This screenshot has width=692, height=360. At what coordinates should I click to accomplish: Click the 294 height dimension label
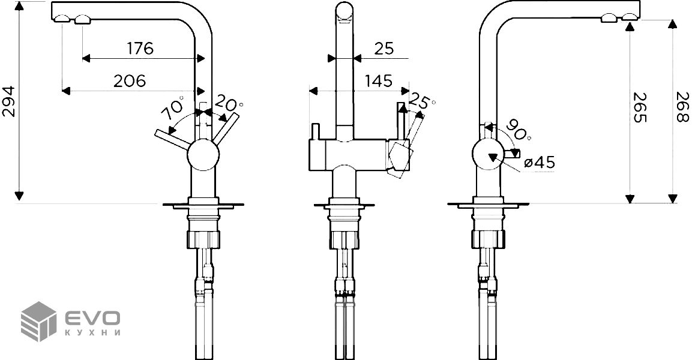(x=9, y=101)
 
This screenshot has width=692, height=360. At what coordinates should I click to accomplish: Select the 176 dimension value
(x=140, y=48)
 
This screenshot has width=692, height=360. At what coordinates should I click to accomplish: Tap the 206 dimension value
(x=129, y=81)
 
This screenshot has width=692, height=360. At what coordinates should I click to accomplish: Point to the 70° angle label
(x=173, y=109)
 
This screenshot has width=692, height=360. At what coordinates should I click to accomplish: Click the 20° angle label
(x=228, y=104)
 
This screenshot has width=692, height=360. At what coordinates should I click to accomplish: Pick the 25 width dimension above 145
(x=384, y=49)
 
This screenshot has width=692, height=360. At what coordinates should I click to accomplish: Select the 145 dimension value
(x=379, y=81)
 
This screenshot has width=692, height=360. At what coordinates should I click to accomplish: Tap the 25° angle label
(x=421, y=102)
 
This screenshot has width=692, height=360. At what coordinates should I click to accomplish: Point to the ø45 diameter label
(x=540, y=163)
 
